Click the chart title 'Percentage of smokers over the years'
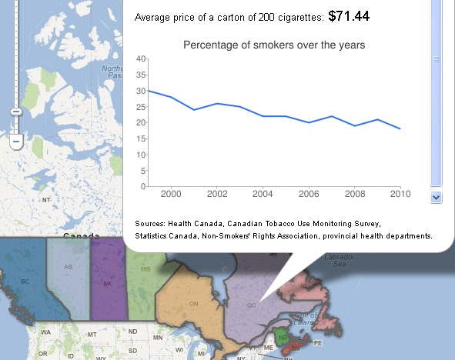(273, 45)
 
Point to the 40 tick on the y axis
(140, 58)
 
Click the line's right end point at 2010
(400, 128)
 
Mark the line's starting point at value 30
(148, 91)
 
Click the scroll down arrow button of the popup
(436, 197)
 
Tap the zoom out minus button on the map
(15, 142)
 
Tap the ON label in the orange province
(194, 304)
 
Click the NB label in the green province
(283, 338)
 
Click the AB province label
(68, 268)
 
